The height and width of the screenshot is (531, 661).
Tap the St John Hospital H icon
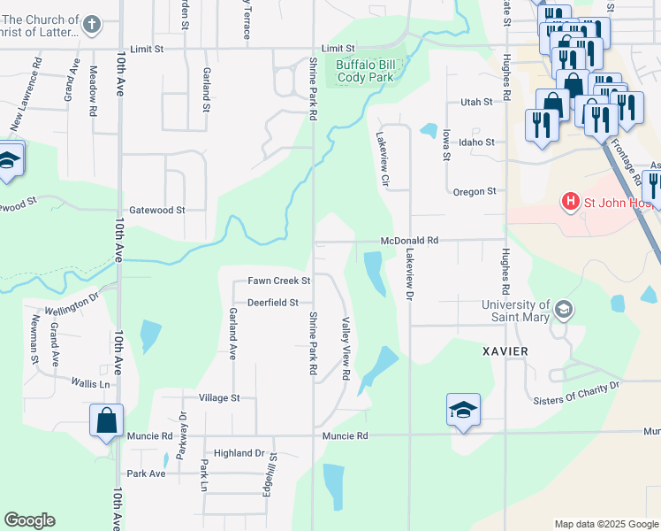(x=571, y=203)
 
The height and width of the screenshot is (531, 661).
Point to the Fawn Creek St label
(x=279, y=281)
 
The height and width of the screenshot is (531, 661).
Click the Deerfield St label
(x=273, y=302)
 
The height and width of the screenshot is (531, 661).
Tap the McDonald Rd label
(x=410, y=240)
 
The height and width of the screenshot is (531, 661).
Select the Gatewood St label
(x=156, y=211)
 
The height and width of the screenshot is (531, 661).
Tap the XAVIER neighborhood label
(x=505, y=351)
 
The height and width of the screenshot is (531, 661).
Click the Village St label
(x=219, y=398)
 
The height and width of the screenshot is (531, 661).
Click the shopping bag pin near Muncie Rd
(x=106, y=421)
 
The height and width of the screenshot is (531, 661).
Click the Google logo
(x=29, y=520)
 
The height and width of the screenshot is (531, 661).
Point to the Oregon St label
(x=475, y=191)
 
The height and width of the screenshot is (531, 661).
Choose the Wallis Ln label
(x=92, y=383)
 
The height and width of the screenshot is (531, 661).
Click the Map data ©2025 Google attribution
(x=606, y=524)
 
